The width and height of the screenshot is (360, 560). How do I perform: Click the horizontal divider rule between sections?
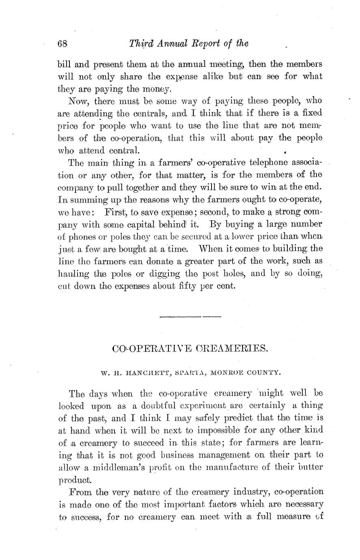(190, 317)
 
